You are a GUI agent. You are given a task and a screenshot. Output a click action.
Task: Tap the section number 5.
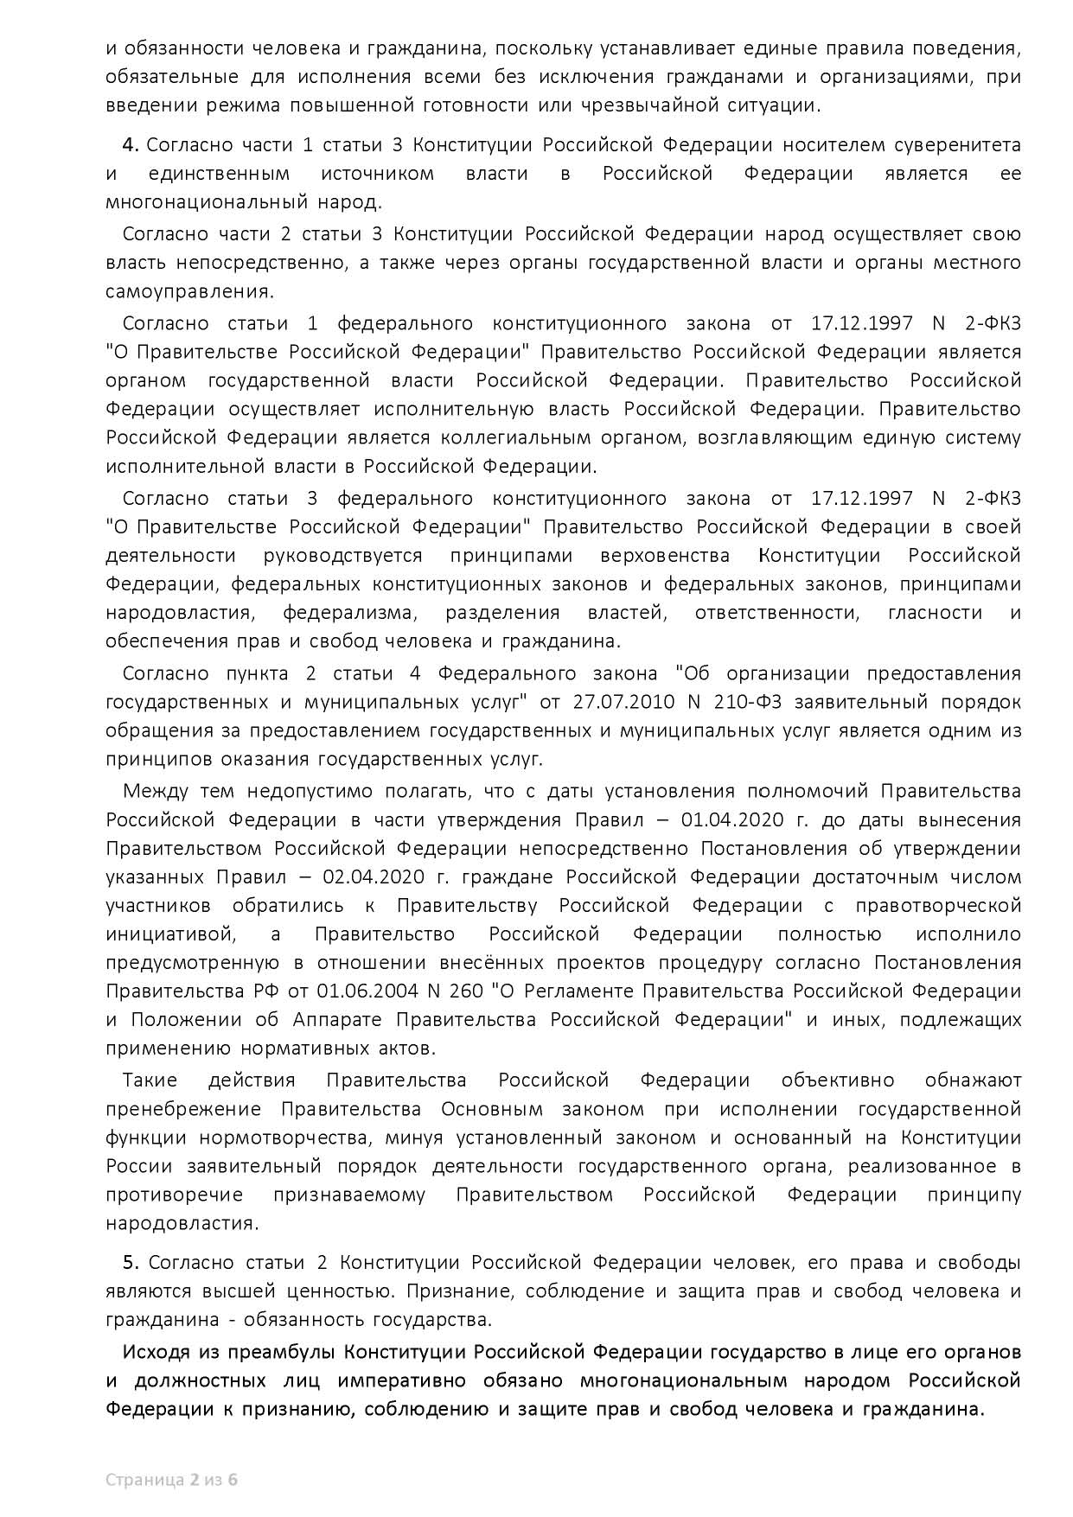pos(131,1262)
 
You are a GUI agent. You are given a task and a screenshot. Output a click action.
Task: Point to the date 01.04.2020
pos(727,819)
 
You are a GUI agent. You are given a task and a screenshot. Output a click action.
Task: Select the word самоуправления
pos(189,290)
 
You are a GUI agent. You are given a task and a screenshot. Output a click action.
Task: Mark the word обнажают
pos(974,1080)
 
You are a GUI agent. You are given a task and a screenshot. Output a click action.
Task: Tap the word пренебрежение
pos(183,1108)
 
